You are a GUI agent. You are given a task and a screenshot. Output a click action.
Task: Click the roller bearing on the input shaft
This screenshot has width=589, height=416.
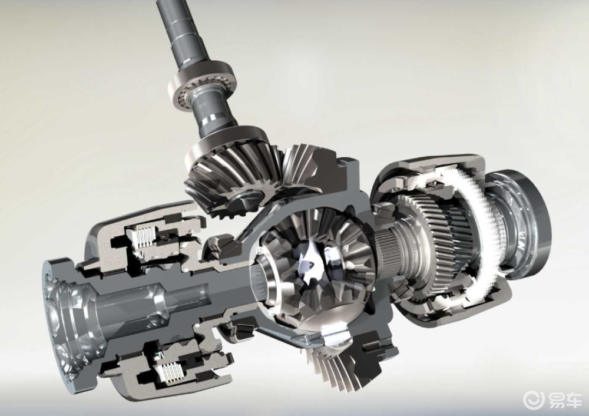click(202, 87)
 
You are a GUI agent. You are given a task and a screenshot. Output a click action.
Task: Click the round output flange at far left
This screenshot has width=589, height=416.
click(60, 319)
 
